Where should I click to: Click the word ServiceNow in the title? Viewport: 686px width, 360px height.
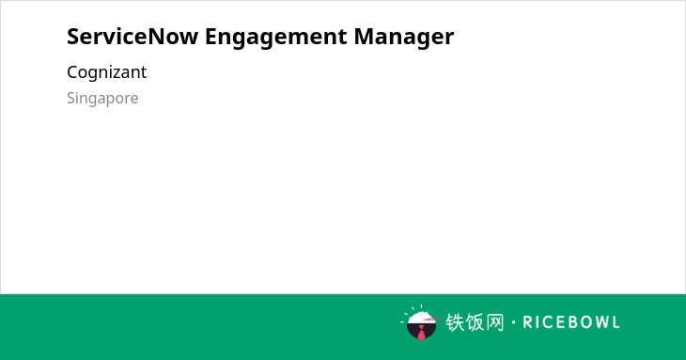point(133,37)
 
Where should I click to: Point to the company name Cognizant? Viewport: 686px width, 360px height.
point(107,72)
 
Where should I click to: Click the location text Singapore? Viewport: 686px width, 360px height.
point(102,99)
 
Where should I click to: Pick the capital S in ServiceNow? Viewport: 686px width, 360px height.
point(73,37)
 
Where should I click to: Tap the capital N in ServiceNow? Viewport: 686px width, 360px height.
point(156,37)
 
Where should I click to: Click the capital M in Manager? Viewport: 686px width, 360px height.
point(364,37)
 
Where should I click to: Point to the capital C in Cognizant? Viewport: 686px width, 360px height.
point(72,72)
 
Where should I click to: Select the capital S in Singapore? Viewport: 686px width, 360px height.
point(71,98)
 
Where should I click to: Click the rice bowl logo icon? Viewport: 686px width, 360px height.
point(420,322)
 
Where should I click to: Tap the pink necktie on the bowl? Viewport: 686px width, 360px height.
point(421,333)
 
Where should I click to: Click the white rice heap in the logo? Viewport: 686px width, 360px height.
point(421,317)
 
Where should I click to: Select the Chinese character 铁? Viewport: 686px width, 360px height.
point(455,322)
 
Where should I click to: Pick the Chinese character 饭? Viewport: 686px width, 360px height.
point(476,322)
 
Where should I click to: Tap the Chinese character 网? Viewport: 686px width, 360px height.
point(495,322)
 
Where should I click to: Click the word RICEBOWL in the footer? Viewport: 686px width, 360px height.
point(571,322)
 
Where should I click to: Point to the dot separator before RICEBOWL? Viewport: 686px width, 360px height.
point(513,322)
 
